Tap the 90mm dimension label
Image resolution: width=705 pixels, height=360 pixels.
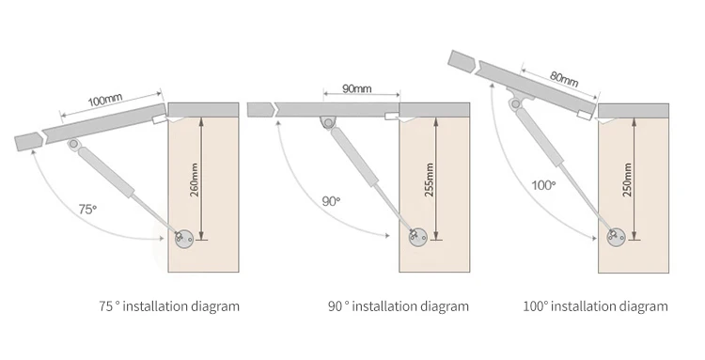click(x=357, y=88)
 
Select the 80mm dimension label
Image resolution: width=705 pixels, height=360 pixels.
click(x=564, y=79)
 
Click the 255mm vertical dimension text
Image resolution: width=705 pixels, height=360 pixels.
click(x=429, y=180)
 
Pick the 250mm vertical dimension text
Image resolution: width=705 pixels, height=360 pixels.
click(x=627, y=180)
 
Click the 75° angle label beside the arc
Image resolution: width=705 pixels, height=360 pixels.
click(x=87, y=209)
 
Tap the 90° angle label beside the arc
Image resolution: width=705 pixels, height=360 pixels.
click(x=331, y=201)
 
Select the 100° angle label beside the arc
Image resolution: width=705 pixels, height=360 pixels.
click(x=543, y=185)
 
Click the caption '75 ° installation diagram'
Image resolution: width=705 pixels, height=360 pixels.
click(x=169, y=306)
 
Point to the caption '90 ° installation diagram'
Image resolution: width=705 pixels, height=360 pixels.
click(x=399, y=306)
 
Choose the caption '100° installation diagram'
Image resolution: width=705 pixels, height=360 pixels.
click(x=595, y=306)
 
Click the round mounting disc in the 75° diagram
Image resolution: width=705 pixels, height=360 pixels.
click(x=184, y=238)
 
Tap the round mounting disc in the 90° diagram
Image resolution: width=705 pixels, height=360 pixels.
click(x=418, y=237)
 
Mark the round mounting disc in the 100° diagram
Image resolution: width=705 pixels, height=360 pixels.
click(x=617, y=237)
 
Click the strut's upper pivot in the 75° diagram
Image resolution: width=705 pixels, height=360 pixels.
click(x=73, y=144)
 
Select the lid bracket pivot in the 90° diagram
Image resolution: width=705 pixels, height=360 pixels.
click(x=328, y=123)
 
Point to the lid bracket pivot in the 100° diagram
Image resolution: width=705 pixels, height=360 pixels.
click(x=515, y=104)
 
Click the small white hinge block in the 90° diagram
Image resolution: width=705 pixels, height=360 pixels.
click(x=392, y=117)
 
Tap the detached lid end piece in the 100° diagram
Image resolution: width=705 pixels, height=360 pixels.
click(x=462, y=61)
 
